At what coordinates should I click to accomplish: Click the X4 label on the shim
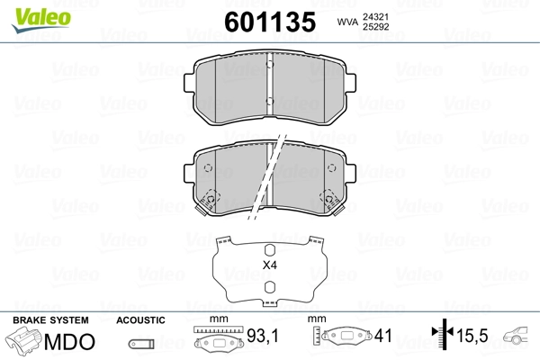[x=268, y=265]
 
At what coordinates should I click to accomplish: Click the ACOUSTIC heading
[x=140, y=319]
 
